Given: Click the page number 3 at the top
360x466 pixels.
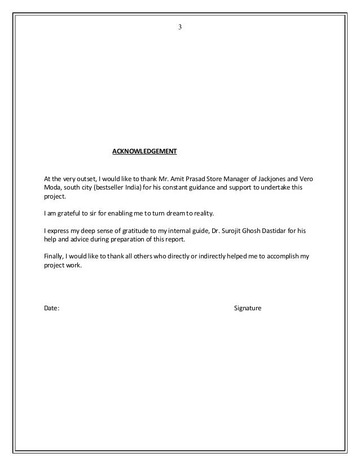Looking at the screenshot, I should (x=180, y=27).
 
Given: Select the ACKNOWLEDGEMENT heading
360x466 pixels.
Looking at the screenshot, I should (x=144, y=152).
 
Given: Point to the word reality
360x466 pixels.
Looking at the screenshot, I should (x=202, y=214).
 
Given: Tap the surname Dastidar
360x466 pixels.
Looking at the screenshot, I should (x=277, y=231).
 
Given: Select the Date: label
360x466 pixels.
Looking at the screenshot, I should (x=51, y=309).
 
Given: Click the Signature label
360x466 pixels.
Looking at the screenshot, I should (x=248, y=309).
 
